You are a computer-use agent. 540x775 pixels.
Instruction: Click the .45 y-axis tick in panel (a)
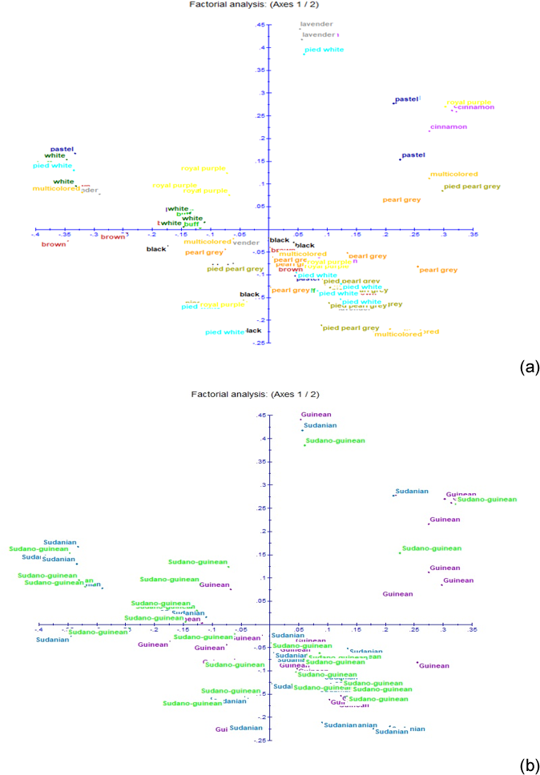click(260, 25)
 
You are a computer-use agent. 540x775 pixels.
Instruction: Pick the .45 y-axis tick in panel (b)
click(260, 415)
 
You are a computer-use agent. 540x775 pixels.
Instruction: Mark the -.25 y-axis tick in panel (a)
click(260, 342)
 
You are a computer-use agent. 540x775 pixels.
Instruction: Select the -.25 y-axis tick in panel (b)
click(260, 740)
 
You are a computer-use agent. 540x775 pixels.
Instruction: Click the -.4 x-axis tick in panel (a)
click(35, 236)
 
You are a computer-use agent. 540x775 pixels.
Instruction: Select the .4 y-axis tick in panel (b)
click(262, 438)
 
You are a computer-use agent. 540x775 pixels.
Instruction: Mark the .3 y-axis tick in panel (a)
click(262, 93)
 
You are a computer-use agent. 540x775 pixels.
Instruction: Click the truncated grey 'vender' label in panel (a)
click(246, 243)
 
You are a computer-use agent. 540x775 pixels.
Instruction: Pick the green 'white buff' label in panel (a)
click(179, 223)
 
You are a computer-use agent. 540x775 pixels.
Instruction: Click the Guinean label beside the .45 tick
click(316, 415)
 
